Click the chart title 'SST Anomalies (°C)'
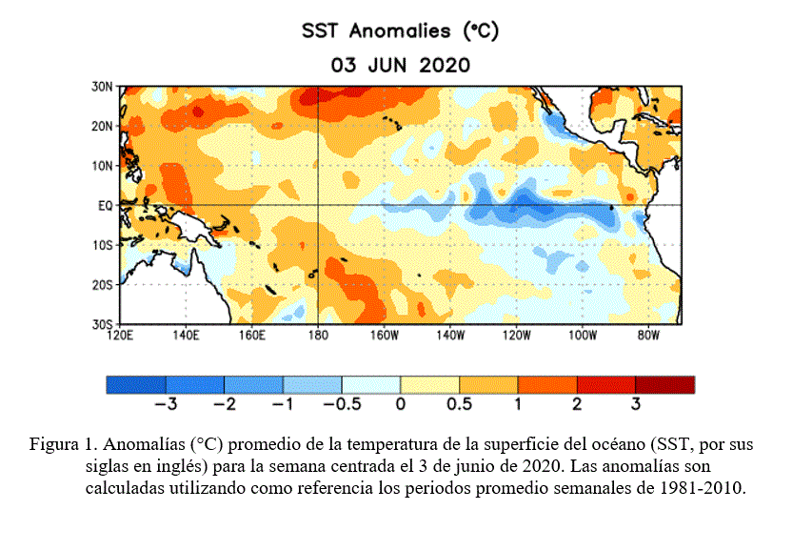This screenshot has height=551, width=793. [400, 31]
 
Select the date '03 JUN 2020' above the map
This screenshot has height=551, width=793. [400, 65]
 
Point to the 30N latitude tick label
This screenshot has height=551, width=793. [103, 86]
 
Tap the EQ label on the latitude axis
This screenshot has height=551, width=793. [106, 205]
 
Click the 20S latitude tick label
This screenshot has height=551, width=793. [103, 285]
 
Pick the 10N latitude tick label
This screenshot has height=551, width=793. [103, 166]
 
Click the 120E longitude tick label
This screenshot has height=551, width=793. [120, 336]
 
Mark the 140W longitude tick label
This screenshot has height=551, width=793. [449, 336]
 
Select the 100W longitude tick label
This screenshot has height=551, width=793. [582, 336]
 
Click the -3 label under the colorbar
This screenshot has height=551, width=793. [164, 404]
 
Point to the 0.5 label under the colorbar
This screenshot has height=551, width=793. [459, 404]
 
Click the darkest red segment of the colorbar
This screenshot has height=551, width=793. [665, 384]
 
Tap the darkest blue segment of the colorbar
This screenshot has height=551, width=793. [135, 384]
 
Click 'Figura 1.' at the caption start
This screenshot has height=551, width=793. [63, 444]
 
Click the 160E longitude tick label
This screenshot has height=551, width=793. [251, 336]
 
